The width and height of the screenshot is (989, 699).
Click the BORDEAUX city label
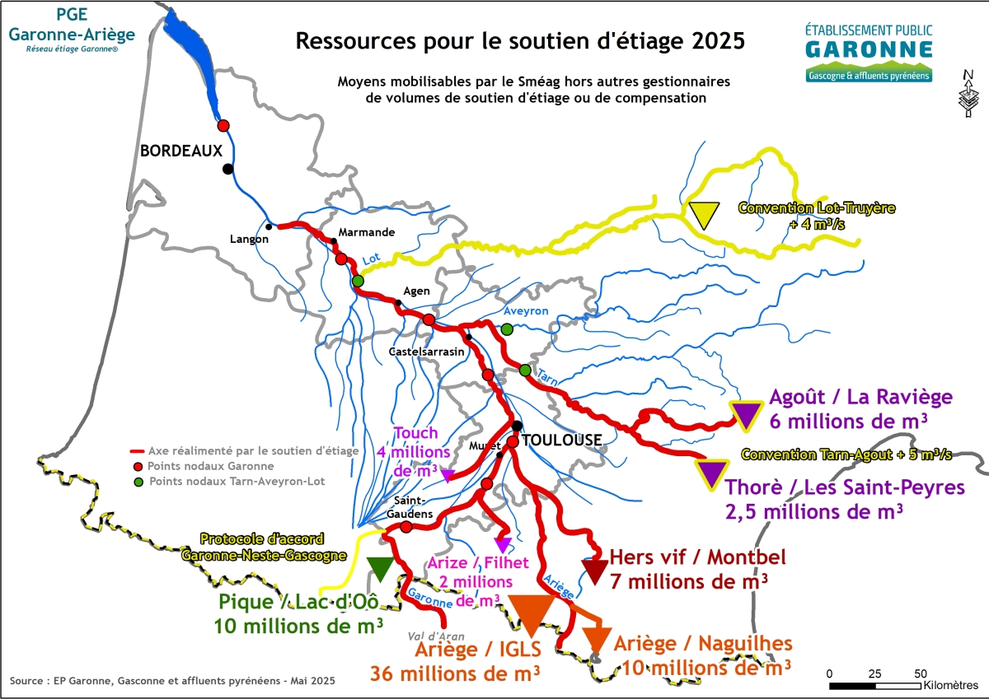coord(181,151)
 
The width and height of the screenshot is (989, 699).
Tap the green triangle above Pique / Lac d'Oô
coord(380,567)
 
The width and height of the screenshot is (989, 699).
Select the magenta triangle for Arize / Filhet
coord(502,545)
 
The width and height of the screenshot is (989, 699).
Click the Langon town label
coord(250,239)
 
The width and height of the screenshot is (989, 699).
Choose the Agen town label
coord(416,291)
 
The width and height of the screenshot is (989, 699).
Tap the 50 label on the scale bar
coord(921,673)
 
